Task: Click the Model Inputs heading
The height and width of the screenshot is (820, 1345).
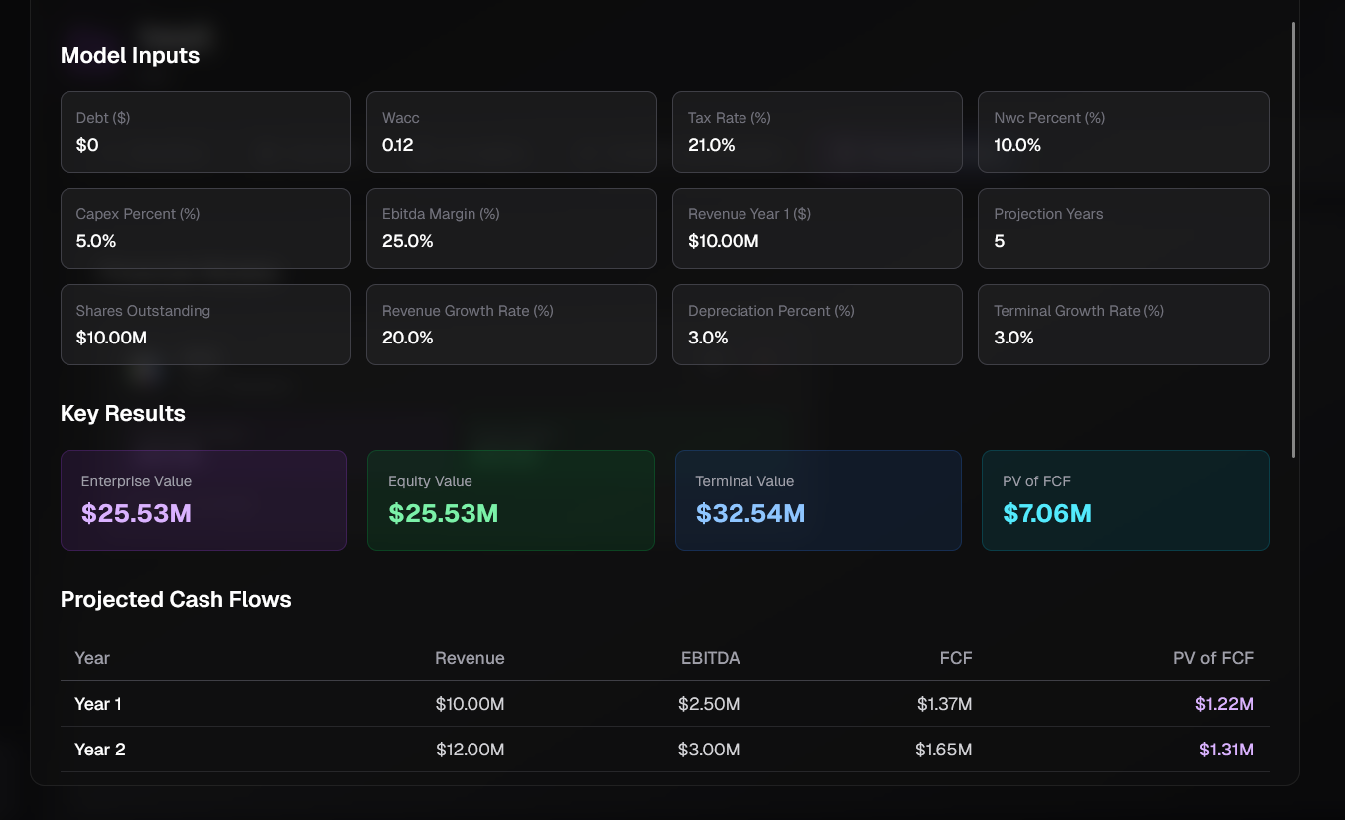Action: point(130,56)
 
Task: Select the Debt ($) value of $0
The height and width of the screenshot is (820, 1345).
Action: point(87,145)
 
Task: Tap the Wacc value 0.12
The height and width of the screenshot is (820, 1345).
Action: point(397,145)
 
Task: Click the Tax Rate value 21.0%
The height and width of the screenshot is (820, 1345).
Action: point(711,145)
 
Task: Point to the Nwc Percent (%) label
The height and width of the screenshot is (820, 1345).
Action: point(1048,118)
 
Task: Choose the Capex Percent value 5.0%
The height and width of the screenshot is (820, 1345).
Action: point(96,241)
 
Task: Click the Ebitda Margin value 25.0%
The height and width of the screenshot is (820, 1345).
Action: point(407,241)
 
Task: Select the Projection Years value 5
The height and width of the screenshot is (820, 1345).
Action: point(999,241)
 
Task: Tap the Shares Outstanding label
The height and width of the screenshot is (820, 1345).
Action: point(143,311)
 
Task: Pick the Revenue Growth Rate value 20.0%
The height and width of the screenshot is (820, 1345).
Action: point(407,338)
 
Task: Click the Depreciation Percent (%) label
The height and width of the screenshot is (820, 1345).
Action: point(770,311)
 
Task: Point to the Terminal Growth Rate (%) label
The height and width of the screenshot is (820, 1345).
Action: point(1078,311)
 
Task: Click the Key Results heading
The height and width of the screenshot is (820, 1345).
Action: point(123,414)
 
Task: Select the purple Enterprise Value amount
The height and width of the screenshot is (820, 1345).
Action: point(136,513)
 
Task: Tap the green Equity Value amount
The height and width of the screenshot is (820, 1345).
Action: point(443,513)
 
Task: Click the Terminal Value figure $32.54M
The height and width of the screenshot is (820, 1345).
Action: point(749,513)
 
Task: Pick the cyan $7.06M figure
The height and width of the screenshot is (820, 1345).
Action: point(1046,513)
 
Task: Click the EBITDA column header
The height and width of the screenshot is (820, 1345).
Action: point(710,658)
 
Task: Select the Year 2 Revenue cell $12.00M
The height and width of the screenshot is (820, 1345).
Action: point(470,750)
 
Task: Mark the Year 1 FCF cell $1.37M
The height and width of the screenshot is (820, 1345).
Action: point(944,704)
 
